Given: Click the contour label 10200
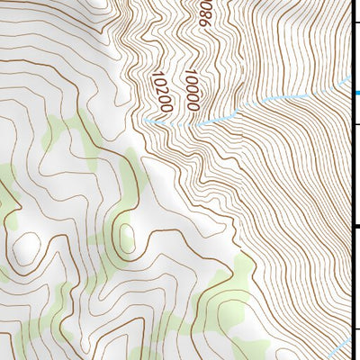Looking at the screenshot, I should pos(162,93).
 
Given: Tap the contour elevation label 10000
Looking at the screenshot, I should pos(192,91).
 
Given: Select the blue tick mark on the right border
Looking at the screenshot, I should pos(356,93).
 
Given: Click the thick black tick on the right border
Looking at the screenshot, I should pos(355,227).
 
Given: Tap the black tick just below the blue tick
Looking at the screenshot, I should pos(355,126).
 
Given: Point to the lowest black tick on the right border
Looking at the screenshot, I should pos(355,328).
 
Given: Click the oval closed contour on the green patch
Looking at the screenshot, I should pos(126,239).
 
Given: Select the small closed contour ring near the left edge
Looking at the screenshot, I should pos(28,243).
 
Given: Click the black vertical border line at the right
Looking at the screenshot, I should pos(351,180).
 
